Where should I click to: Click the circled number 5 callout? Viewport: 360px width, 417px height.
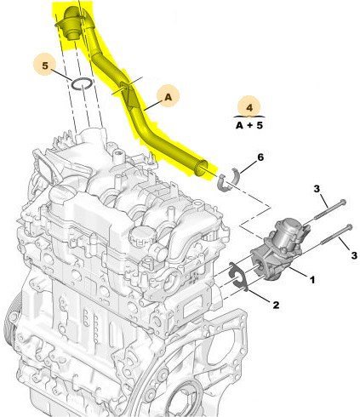[47, 64]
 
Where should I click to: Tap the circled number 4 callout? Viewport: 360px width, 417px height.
[249, 108]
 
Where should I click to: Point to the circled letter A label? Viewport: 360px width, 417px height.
[167, 98]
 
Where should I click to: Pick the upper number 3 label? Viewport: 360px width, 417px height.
[316, 189]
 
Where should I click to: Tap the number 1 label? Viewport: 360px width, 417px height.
[312, 277]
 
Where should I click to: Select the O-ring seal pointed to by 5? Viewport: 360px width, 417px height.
[82, 83]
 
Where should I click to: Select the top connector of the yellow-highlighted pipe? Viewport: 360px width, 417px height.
[68, 21]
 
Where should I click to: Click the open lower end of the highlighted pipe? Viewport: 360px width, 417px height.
[203, 167]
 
